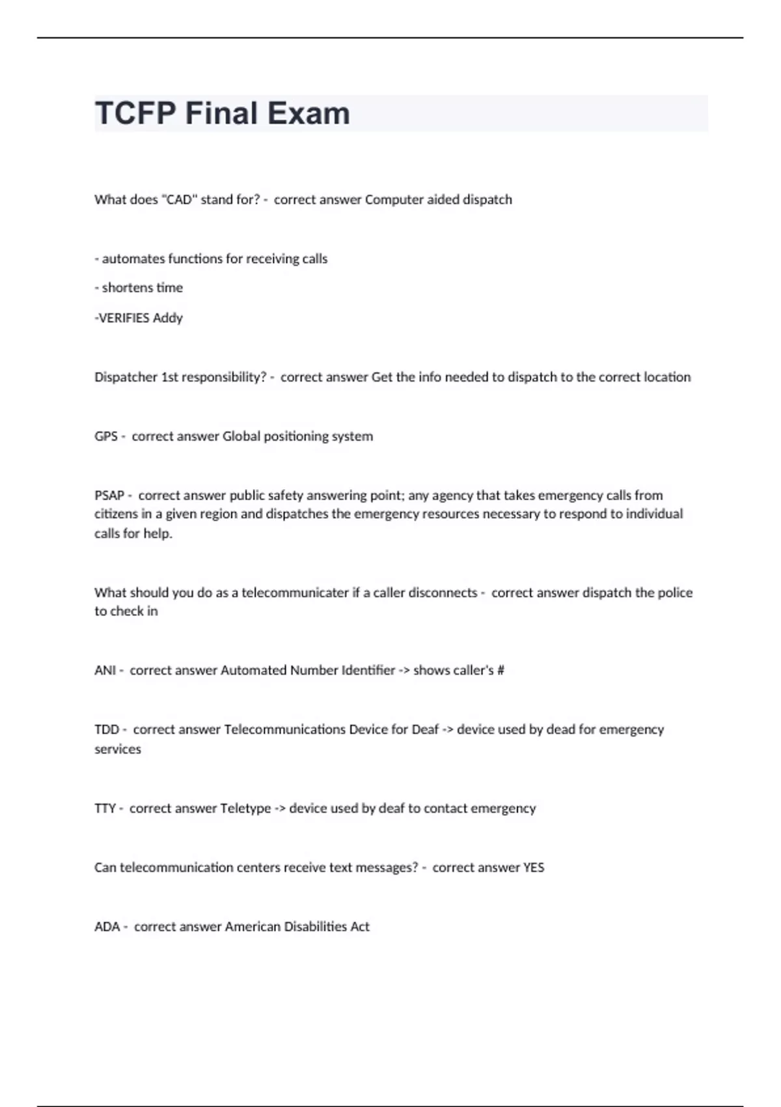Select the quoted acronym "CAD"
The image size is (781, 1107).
[179, 199]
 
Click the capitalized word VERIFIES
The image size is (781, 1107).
[123, 318]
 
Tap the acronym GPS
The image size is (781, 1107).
[105, 436]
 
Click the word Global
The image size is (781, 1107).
[240, 436]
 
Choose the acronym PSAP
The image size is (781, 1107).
[109, 495]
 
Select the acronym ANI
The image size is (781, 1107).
[105, 670]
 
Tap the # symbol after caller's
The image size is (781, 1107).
[500, 670]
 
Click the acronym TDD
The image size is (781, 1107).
[107, 729]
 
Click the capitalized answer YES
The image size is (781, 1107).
[534, 867]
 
